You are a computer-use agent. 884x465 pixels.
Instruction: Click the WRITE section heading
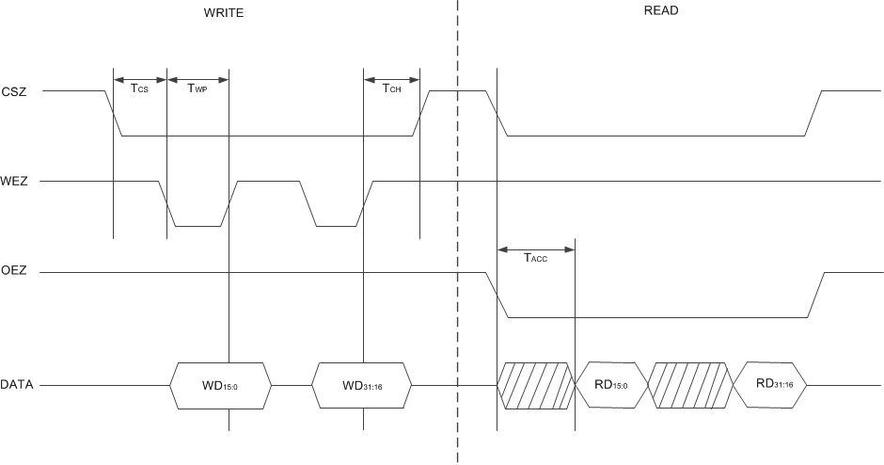pyautogui.click(x=223, y=12)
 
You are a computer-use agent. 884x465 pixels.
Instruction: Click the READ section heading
pyautogui.click(x=661, y=11)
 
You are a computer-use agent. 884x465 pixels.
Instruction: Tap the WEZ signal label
pyautogui.click(x=14, y=181)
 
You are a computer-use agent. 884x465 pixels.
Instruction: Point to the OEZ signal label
pyautogui.click(x=14, y=273)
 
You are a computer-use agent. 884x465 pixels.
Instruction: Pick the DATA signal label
pyautogui.click(x=18, y=385)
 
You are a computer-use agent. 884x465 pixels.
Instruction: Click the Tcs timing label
pyautogui.click(x=139, y=89)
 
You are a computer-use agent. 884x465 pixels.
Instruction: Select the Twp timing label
pyautogui.click(x=197, y=89)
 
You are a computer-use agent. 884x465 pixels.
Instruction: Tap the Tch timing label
pyautogui.click(x=391, y=89)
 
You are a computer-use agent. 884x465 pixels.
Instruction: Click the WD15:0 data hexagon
pyautogui.click(x=221, y=385)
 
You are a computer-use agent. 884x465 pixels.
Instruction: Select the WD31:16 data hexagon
pyautogui.click(x=362, y=385)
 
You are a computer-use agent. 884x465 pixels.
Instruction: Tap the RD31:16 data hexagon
pyautogui.click(x=772, y=385)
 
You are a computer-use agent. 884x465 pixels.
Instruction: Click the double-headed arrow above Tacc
pyautogui.click(x=535, y=249)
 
